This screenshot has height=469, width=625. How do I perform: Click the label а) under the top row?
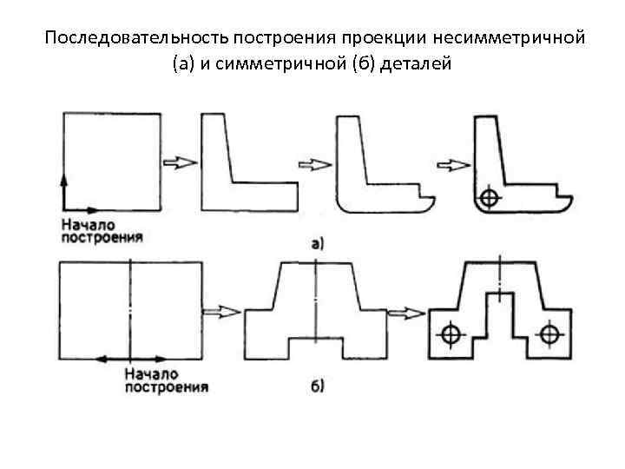tap(317, 244)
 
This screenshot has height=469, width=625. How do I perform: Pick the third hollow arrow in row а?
tap(452, 162)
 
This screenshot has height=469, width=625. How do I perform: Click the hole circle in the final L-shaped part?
tap(490, 197)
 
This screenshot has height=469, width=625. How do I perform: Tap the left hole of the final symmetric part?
tap(450, 334)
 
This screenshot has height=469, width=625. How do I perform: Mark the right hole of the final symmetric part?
tap(549, 334)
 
